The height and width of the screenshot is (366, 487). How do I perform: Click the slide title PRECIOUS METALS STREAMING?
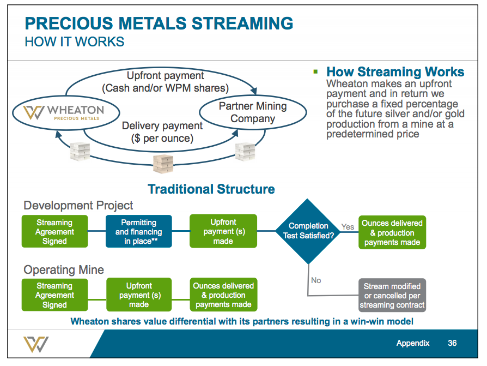159,23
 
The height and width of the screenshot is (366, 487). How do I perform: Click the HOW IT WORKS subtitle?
75,42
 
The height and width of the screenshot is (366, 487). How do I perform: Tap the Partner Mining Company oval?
252,112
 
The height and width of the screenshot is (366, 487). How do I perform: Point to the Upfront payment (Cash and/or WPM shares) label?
165,82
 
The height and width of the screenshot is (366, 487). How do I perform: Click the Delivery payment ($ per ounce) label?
162,131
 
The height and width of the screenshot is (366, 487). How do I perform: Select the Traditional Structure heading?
211,189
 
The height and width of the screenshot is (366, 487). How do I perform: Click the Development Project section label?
78,206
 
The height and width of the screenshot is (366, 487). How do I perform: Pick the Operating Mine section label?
63,269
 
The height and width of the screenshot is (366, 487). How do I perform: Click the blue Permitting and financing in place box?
139,231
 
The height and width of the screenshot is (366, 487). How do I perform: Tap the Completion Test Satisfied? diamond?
308,231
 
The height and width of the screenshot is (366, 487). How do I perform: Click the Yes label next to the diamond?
348,226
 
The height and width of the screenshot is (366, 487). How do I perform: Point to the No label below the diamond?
316,280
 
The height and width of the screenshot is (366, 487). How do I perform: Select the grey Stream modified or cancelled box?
392,296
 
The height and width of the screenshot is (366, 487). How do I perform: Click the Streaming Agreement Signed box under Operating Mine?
54,295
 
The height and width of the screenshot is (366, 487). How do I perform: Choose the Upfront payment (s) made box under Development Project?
223,231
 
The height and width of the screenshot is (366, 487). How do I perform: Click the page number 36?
452,343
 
